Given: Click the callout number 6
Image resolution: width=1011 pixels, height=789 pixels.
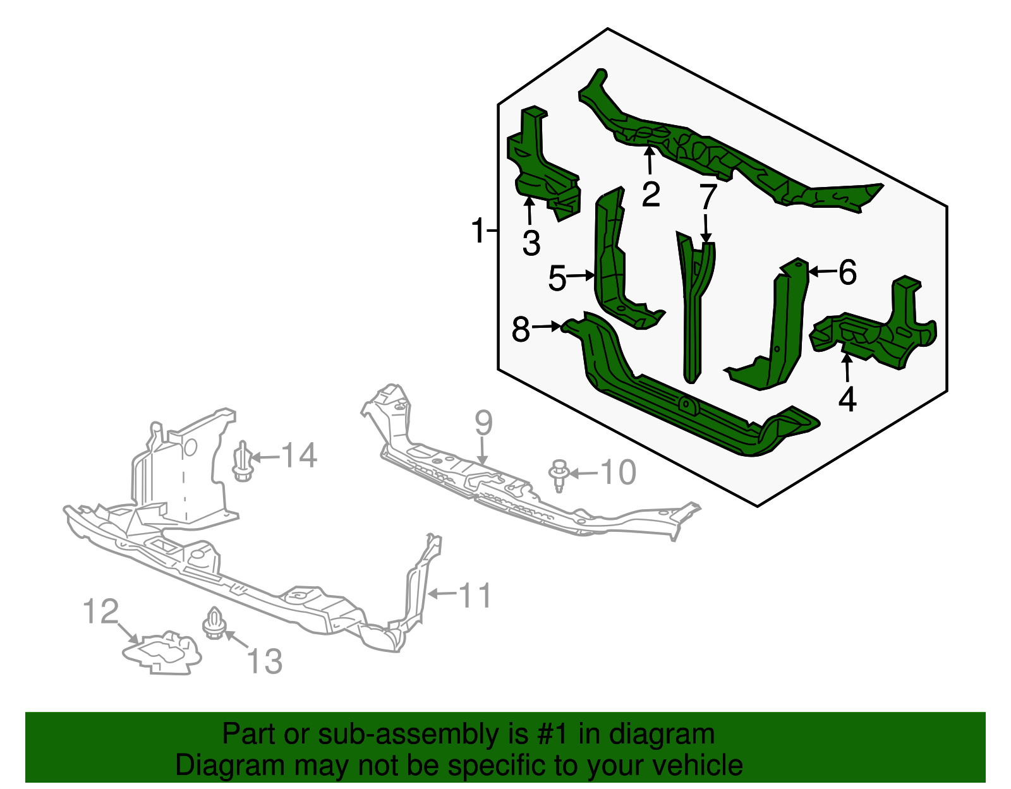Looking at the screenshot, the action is pyautogui.click(x=848, y=272).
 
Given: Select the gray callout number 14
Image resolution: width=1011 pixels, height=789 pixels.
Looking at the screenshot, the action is pyautogui.click(x=300, y=454).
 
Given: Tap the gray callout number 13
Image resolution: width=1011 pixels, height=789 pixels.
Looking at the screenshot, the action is pyautogui.click(x=264, y=661).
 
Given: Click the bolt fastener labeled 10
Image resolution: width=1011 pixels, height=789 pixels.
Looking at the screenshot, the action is pyautogui.click(x=559, y=475).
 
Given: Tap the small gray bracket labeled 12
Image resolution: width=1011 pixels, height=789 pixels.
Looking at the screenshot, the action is pyautogui.click(x=161, y=653).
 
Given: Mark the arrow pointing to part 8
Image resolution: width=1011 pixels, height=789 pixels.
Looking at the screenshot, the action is pyautogui.click(x=545, y=327).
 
